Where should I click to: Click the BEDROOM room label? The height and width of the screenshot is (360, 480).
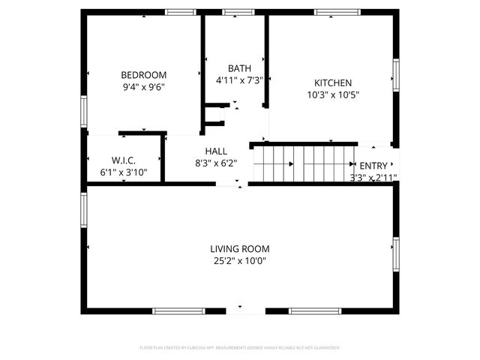(x=144, y=75)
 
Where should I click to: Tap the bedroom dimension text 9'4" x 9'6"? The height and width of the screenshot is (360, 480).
(x=144, y=87)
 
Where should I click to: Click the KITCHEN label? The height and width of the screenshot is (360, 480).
(x=333, y=82)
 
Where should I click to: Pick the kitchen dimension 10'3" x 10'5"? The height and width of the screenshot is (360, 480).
(x=333, y=94)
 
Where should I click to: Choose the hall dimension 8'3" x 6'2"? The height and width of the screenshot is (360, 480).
(x=216, y=163)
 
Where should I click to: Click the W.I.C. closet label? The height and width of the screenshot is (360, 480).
(x=124, y=160)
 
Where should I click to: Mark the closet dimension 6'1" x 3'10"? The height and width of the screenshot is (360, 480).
(x=124, y=172)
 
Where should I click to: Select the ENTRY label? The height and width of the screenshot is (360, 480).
(x=374, y=166)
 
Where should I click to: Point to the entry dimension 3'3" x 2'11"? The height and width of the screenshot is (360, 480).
(x=373, y=178)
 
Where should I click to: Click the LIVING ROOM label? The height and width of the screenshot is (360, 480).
(x=240, y=249)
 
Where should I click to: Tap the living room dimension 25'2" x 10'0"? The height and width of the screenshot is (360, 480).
(x=240, y=261)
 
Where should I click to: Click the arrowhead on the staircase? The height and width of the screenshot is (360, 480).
(x=352, y=164)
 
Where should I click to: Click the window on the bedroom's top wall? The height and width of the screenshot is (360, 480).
(x=179, y=12)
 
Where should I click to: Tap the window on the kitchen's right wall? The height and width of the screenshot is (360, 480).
(x=396, y=74)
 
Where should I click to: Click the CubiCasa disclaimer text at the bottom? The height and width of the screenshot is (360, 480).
(x=240, y=348)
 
